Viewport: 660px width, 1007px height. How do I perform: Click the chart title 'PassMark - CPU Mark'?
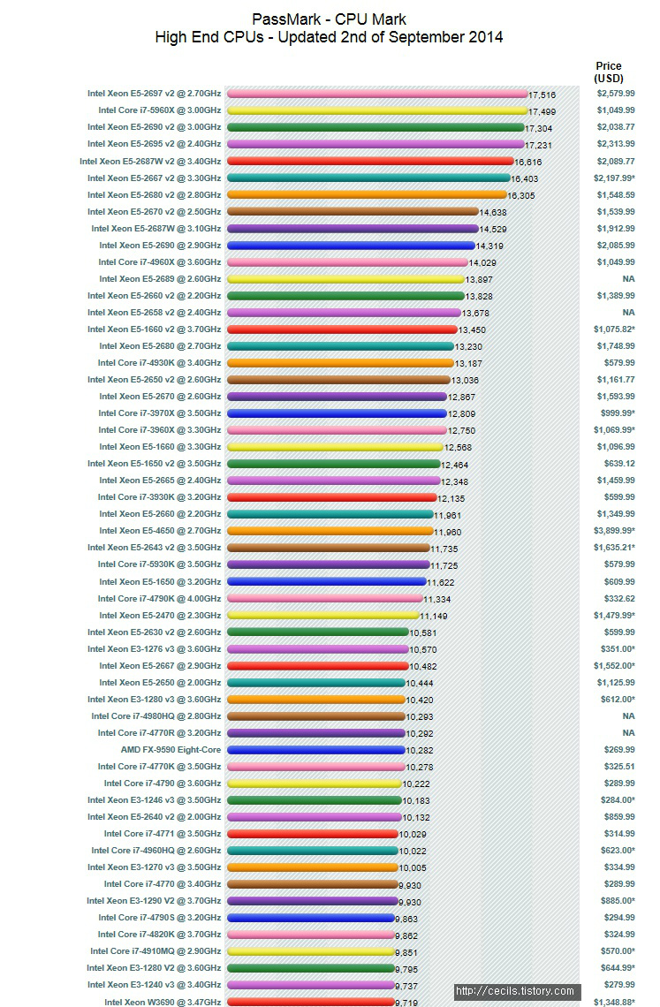pyautogui.click(x=329, y=19)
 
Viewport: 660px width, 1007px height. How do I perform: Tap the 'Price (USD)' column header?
pyautogui.click(x=609, y=72)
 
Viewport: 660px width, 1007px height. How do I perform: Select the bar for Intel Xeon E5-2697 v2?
pyautogui.click(x=377, y=94)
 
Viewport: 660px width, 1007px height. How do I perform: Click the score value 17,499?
pyautogui.click(x=542, y=111)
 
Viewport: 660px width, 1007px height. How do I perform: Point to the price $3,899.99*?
pyautogui.click(x=614, y=531)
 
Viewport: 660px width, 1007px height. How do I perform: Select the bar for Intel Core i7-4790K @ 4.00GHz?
pyautogui.click(x=324, y=598)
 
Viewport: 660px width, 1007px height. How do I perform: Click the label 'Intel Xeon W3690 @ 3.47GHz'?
pyautogui.click(x=163, y=1002)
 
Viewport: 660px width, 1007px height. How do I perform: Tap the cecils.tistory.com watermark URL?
pyautogui.click(x=515, y=991)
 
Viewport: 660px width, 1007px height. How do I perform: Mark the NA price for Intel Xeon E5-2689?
pyautogui.click(x=628, y=279)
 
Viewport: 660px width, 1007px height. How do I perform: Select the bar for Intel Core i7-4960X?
pyautogui.click(x=347, y=262)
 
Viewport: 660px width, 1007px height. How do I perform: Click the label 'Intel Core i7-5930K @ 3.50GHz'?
pyautogui.click(x=159, y=564)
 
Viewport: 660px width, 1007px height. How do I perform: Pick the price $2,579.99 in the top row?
pyautogui.click(x=615, y=94)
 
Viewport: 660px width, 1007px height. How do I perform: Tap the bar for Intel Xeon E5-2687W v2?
pyautogui.click(x=370, y=161)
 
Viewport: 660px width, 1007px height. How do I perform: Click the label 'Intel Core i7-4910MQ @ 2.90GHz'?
pyautogui.click(x=156, y=951)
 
